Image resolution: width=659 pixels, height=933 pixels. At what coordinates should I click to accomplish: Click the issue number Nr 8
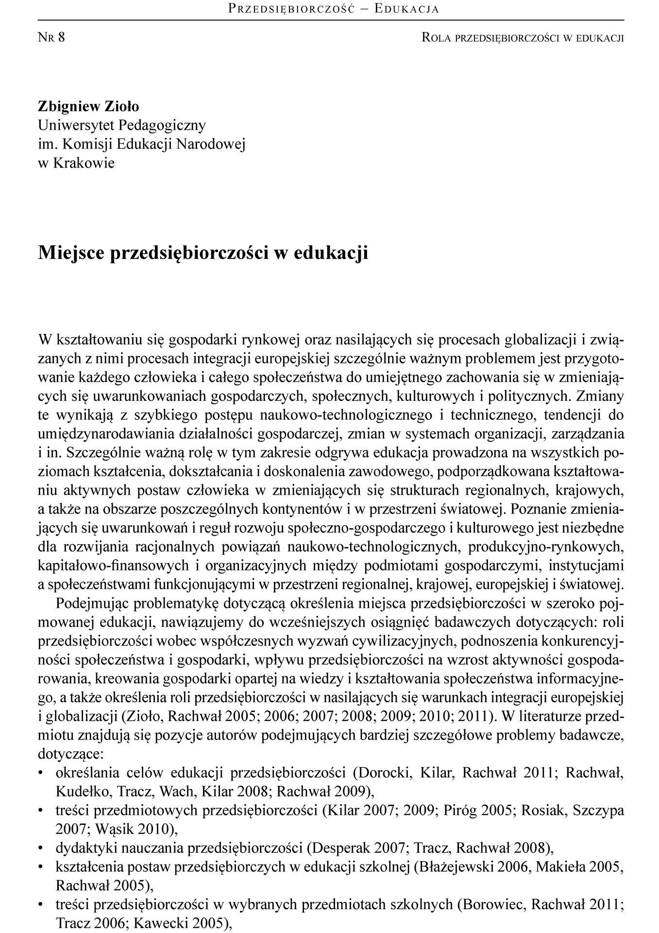[x=51, y=37]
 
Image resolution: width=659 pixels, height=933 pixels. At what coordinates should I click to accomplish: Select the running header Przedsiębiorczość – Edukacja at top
[x=334, y=9]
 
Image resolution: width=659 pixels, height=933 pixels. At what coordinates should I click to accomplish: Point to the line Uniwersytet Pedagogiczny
[x=122, y=125]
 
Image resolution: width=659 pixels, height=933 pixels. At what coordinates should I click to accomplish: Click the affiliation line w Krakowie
[x=76, y=162]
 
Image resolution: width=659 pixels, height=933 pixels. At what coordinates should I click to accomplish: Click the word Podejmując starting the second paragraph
[x=90, y=603]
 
